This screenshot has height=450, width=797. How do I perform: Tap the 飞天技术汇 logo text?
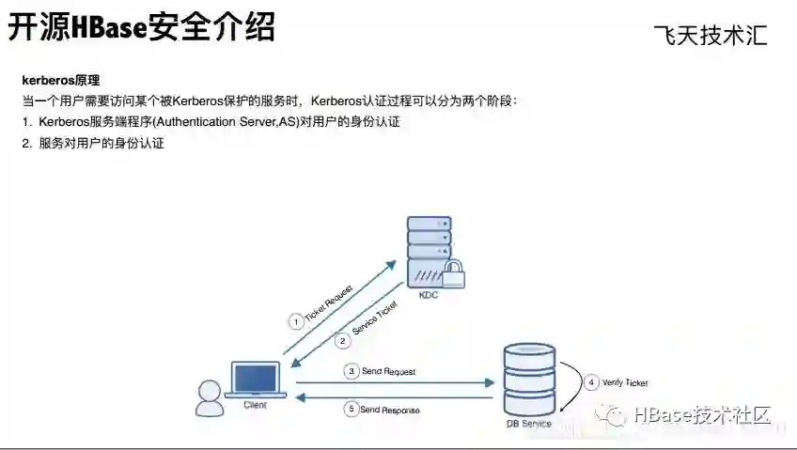pyautogui.click(x=711, y=35)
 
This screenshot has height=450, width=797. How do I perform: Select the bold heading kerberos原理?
pyautogui.click(x=60, y=81)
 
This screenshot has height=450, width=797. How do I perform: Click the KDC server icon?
pyautogui.click(x=429, y=246)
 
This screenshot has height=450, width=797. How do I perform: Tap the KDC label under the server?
pyautogui.click(x=428, y=296)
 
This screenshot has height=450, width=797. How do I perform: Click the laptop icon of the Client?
pyautogui.click(x=255, y=380)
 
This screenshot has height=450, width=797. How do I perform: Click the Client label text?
pyautogui.click(x=255, y=405)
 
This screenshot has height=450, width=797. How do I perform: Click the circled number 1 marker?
pyautogui.click(x=296, y=321)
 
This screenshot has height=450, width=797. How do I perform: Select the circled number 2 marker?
pyautogui.click(x=344, y=340)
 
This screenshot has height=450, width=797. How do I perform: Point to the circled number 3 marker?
pyautogui.click(x=352, y=372)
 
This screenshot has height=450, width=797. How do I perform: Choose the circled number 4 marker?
pyautogui.click(x=591, y=382)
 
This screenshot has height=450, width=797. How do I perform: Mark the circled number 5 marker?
pyautogui.click(x=352, y=410)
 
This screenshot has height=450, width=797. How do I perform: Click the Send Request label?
pyautogui.click(x=387, y=372)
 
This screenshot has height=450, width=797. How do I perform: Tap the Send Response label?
pyautogui.click(x=389, y=410)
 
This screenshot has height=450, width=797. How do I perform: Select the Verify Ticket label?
pyautogui.click(x=627, y=383)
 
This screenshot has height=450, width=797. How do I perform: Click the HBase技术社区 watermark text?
pyautogui.click(x=702, y=414)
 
